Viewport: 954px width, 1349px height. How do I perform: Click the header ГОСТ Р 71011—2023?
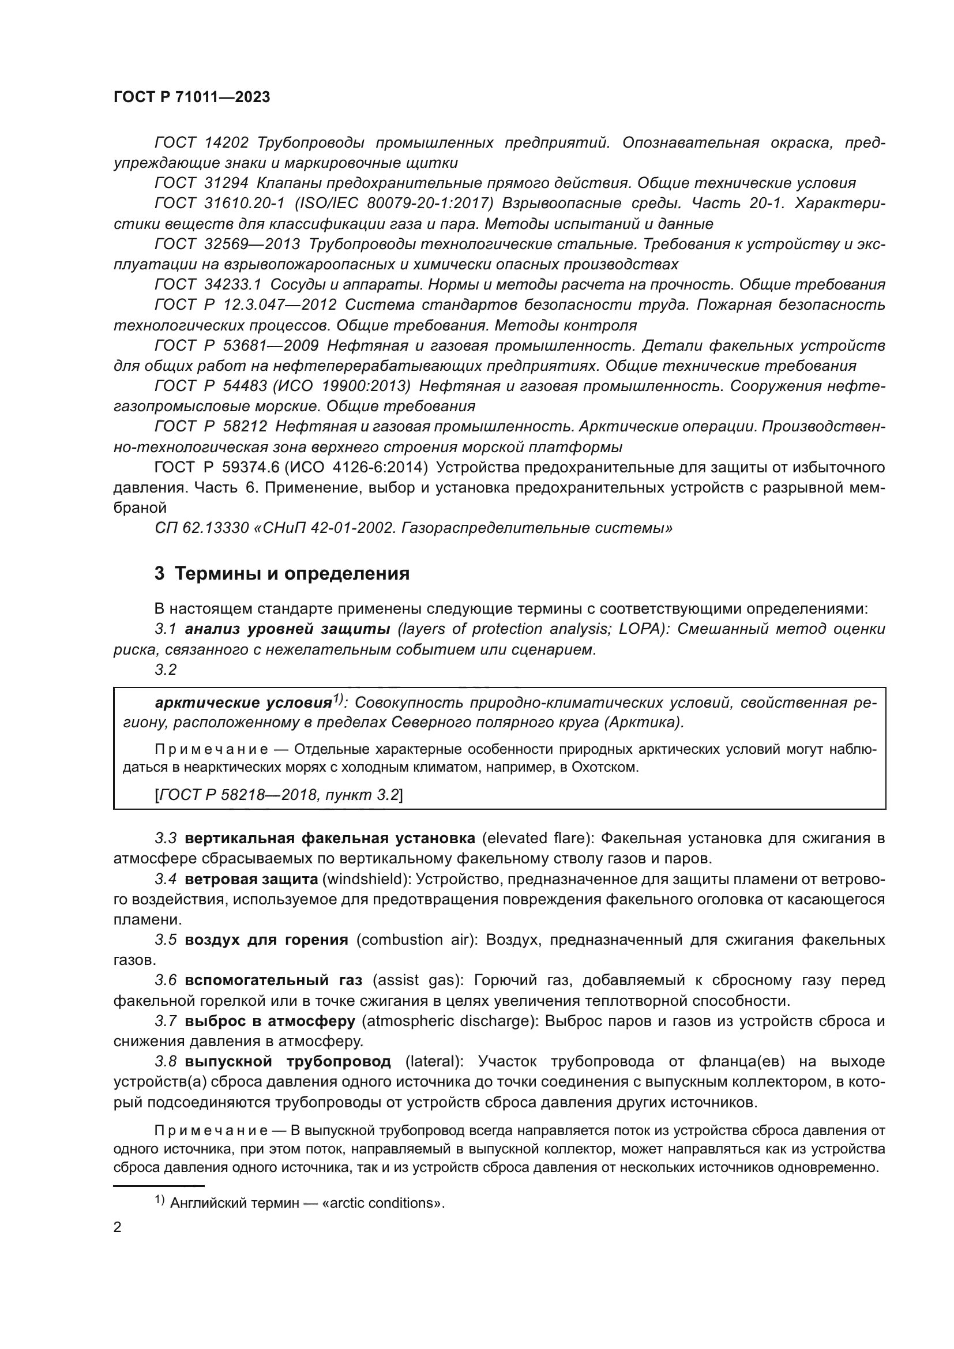click(x=191, y=97)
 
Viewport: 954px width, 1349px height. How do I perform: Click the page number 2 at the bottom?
click(x=118, y=1227)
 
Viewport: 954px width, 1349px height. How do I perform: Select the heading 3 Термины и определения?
click(x=282, y=573)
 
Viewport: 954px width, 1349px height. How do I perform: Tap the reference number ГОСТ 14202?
click(x=201, y=143)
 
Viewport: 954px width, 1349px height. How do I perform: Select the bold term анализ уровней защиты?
click(x=287, y=629)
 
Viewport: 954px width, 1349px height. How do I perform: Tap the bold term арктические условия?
click(x=243, y=703)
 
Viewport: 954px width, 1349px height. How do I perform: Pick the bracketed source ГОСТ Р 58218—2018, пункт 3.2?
click(x=279, y=795)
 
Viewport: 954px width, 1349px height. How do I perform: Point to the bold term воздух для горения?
click(x=266, y=940)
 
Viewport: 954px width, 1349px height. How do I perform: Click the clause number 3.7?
click(x=166, y=1022)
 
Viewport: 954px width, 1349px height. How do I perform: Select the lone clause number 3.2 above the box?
click(x=166, y=669)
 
